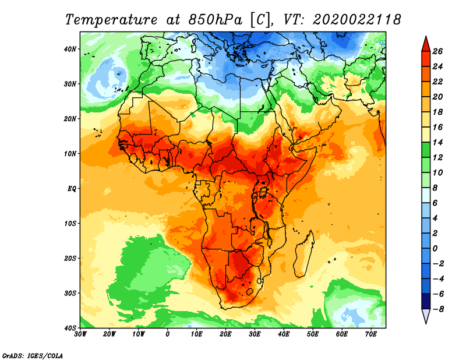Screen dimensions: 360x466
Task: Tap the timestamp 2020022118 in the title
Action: [x=356, y=19]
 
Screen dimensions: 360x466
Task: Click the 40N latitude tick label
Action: [x=70, y=49]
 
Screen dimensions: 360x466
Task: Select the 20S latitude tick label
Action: [x=70, y=258]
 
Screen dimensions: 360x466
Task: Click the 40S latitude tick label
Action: [x=70, y=327]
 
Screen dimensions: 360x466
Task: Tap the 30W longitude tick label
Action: [x=80, y=334]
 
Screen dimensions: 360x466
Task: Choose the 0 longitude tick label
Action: [x=168, y=334]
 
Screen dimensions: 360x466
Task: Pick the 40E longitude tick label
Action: [x=284, y=334]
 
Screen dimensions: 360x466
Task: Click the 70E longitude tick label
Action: [x=371, y=334]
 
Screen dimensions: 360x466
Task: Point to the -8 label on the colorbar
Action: [x=441, y=309]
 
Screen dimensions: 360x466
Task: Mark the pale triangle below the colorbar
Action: [x=426, y=316]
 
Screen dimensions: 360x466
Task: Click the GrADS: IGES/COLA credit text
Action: [x=33, y=355]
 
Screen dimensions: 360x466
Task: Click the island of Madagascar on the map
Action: [x=303, y=253]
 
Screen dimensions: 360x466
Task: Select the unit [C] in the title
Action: [x=260, y=19]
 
